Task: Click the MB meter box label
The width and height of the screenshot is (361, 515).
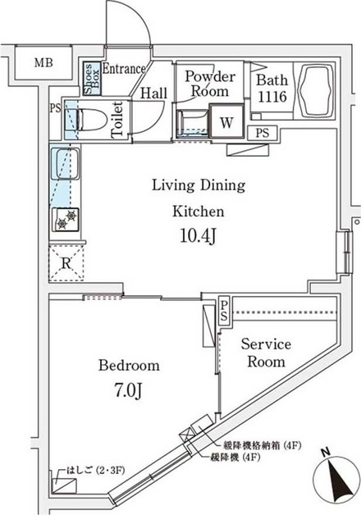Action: coord(43,62)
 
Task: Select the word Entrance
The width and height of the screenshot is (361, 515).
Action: coord(124,69)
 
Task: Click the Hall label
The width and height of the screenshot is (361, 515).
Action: coord(153,93)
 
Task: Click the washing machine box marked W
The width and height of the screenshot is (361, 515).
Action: coord(226,122)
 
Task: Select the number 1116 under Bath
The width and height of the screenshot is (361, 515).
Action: coord(272,97)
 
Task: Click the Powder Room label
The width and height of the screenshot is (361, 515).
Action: coord(210,84)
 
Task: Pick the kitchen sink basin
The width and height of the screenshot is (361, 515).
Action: coord(66,164)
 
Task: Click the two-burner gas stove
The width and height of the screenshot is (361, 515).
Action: coord(65,220)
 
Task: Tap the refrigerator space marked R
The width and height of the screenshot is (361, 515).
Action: coord(66,263)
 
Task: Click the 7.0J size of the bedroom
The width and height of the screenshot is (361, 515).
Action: coord(129,390)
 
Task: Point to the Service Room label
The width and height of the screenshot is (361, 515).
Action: coord(266,353)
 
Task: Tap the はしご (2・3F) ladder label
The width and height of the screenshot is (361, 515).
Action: coord(96,471)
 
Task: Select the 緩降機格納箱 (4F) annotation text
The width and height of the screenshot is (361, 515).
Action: coord(262,445)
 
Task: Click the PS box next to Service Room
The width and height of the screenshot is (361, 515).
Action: coord(224,312)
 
